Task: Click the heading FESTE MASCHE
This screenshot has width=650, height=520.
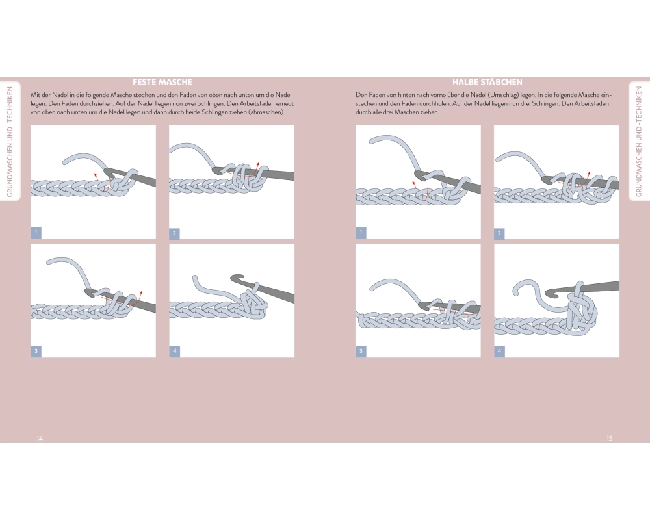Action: pos(162,82)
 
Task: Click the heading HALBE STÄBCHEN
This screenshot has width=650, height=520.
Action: pos(487,82)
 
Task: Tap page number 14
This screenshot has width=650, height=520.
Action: pos(40,438)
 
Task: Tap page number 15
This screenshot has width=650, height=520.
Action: pos(610,438)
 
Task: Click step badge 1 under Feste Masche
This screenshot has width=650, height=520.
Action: pos(36,232)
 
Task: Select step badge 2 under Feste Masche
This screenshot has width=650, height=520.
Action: pos(174,233)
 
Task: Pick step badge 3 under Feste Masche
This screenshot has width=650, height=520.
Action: pos(36,351)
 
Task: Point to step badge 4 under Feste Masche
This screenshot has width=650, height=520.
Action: pos(174,351)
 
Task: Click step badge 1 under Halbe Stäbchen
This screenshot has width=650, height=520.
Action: pos(361,232)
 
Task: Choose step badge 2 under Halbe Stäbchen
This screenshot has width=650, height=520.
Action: pos(499,233)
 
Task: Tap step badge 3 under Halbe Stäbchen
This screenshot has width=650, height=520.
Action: pos(361,351)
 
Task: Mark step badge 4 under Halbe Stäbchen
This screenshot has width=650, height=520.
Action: pos(499,351)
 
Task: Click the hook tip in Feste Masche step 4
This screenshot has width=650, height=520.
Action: pos(233,278)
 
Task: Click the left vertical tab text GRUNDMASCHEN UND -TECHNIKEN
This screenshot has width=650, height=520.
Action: pos(10,142)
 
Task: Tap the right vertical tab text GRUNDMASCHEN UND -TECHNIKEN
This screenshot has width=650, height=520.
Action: pos(639,142)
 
